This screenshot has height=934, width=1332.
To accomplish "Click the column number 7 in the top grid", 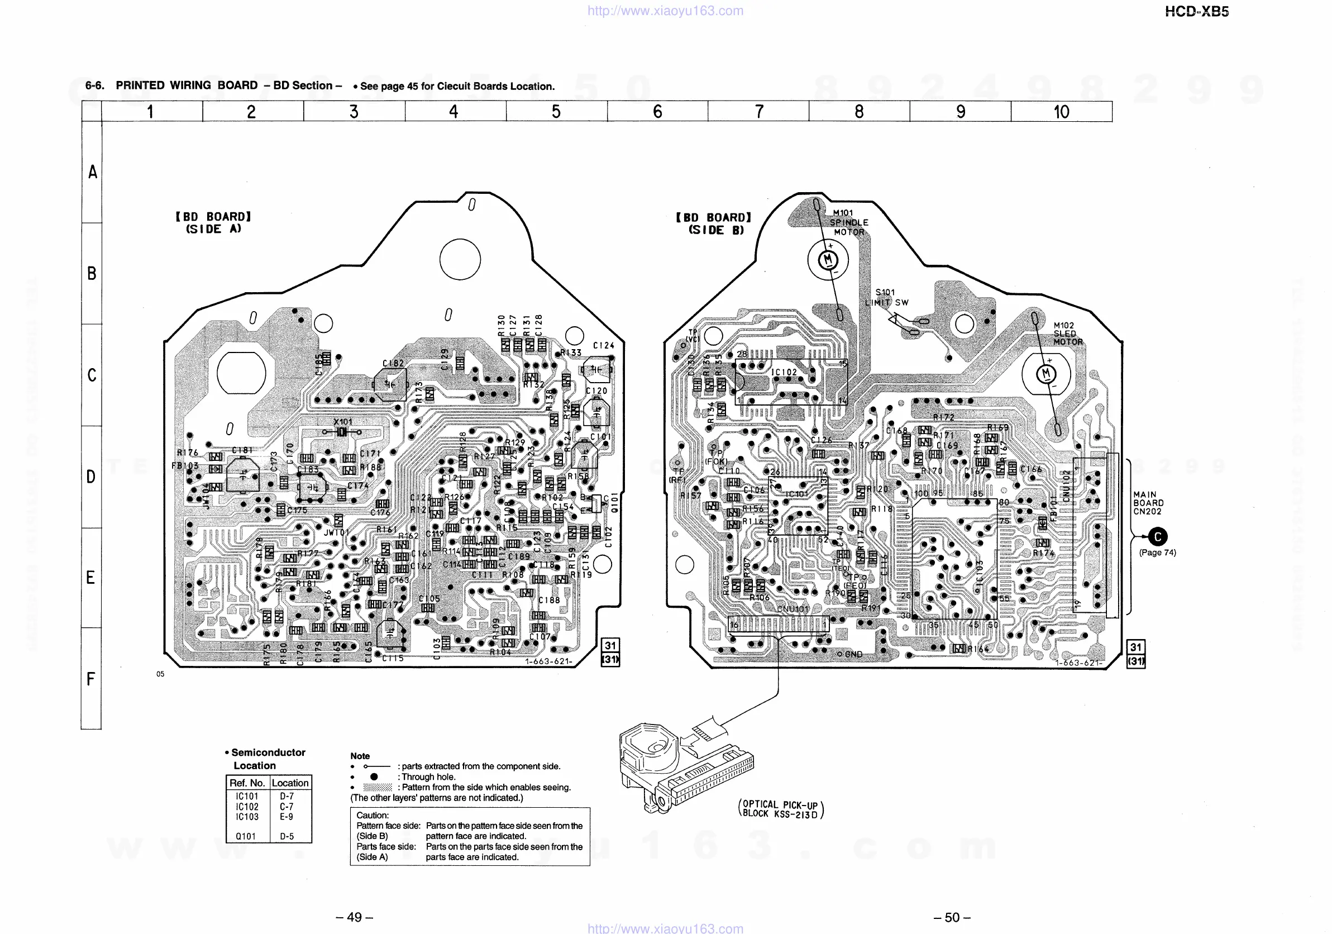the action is click(758, 111).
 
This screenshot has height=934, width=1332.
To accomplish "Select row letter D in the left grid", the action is click(91, 477).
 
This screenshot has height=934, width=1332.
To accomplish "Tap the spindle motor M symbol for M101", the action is click(828, 260).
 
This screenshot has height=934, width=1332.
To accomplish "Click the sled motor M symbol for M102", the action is click(1046, 374).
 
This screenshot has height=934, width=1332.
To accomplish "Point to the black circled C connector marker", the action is click(1157, 537).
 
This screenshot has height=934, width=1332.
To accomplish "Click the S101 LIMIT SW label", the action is click(886, 298).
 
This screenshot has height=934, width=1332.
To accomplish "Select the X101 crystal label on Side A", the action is click(342, 422).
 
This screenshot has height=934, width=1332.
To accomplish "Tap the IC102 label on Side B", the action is click(784, 373).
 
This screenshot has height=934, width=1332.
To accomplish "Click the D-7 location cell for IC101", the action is click(287, 797).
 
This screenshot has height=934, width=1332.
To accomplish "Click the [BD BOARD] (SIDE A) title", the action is click(213, 223).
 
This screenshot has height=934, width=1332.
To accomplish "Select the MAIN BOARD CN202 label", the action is click(1148, 503).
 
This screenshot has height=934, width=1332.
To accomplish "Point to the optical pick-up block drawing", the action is click(685, 766).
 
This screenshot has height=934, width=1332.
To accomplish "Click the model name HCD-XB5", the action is click(1196, 12).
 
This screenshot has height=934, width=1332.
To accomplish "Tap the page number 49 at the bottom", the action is click(354, 917).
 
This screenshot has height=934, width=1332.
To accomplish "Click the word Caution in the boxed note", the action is click(372, 815).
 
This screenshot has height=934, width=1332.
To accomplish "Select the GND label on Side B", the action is click(853, 654).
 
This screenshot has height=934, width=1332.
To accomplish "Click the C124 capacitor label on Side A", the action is click(603, 345).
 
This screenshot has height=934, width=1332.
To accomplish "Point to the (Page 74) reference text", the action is click(1157, 552).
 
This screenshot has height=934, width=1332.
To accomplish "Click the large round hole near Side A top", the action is click(460, 259).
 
